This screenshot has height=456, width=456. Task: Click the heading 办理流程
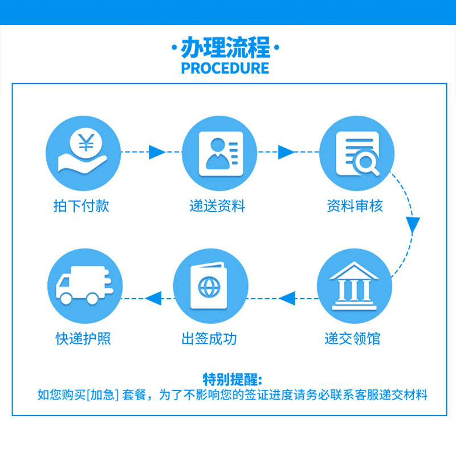point(225,48)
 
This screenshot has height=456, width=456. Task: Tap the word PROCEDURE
point(225,68)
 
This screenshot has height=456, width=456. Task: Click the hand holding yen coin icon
point(83,151)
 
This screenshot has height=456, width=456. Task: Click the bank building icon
point(355,285)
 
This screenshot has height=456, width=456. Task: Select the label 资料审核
point(355,206)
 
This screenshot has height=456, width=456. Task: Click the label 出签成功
point(209,339)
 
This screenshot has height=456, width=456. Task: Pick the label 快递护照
point(83,339)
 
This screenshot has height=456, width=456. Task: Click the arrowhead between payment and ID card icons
point(156,152)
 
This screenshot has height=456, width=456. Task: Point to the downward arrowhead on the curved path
point(414,225)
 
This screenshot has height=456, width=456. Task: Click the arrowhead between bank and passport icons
point(287,297)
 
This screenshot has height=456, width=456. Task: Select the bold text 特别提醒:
point(232,379)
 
